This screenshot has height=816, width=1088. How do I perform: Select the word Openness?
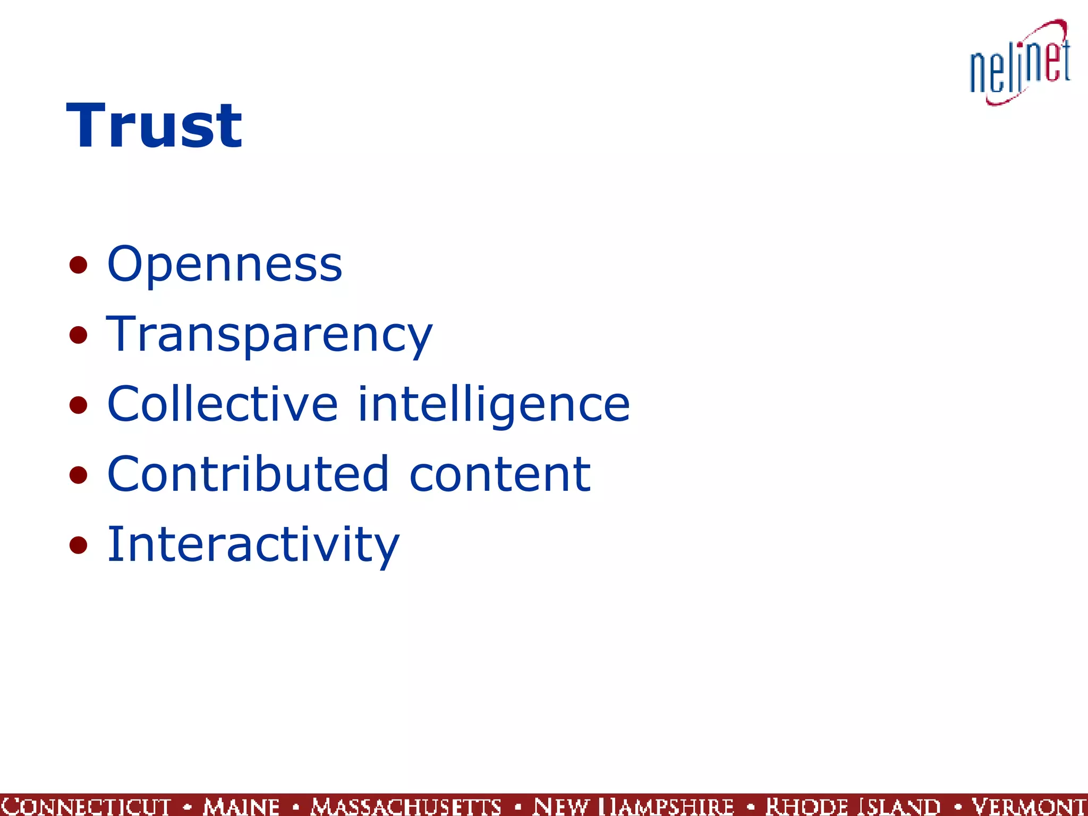pos(224,264)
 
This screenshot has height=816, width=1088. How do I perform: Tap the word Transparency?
pos(269,335)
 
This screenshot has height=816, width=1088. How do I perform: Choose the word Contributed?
pos(248,474)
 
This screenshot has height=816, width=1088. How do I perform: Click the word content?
pos(500,475)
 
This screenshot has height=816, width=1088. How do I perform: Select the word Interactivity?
pos(253,545)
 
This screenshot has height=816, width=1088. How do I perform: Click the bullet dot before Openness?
pos(78,265)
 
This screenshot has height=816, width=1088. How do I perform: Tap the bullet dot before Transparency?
pos(78,335)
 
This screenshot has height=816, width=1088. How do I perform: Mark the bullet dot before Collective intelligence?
pos(78,405)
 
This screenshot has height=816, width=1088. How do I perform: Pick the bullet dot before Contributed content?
pos(78,475)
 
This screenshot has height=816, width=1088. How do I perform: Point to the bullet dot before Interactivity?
pos(78,545)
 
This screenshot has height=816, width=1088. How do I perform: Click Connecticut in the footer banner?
pos(85,806)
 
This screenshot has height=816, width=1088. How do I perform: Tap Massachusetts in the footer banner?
pos(406,806)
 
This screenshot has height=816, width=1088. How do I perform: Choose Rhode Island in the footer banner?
pos(853,806)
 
